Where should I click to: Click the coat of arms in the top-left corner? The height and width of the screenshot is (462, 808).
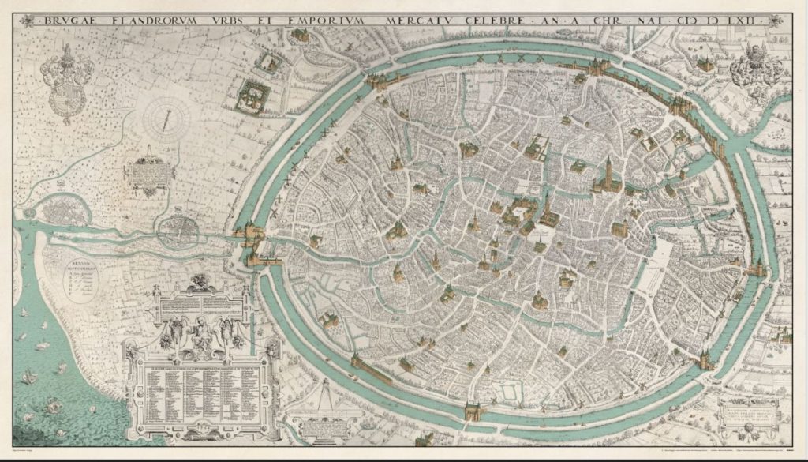(69, 81)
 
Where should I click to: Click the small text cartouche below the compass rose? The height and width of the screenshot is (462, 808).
(148, 175)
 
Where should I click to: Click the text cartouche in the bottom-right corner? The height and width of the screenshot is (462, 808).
(752, 415)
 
